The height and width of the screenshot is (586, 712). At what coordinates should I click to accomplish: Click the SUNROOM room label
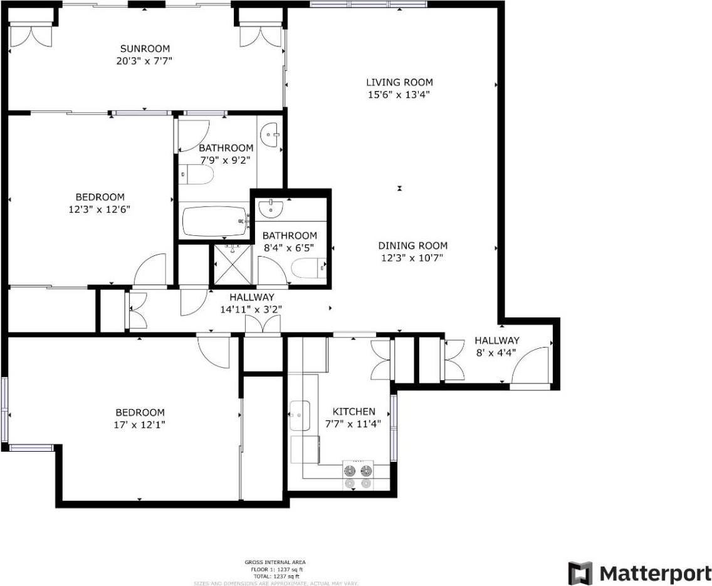(x=145, y=48)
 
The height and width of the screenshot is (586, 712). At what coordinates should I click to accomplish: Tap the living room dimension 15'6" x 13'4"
(x=399, y=95)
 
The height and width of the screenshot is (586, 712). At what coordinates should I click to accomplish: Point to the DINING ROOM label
(x=412, y=246)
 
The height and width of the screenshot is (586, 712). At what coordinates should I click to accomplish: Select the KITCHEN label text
(x=353, y=412)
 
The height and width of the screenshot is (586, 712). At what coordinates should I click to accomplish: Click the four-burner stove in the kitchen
(x=357, y=475)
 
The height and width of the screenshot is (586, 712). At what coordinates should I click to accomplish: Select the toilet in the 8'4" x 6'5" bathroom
(x=308, y=268)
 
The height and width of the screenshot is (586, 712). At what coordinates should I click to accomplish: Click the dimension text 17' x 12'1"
(x=140, y=425)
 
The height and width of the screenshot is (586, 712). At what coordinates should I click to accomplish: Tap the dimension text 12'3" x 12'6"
(x=100, y=209)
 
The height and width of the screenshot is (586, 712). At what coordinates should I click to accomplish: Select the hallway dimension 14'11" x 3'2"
(x=251, y=309)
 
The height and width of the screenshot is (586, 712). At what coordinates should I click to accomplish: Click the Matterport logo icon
(x=580, y=573)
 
